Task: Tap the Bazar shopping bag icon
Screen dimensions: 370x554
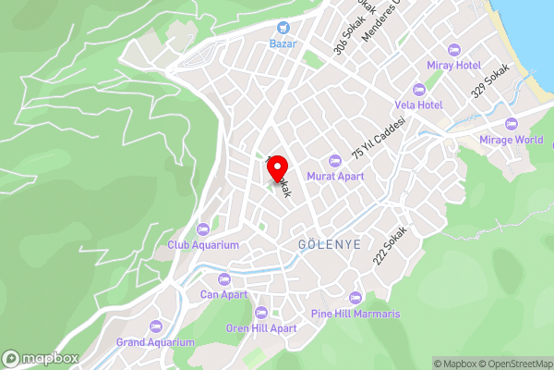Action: pos(282,29)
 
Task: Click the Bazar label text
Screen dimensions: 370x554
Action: pos(282,43)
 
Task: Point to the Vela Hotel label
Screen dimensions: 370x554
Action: pos(442,105)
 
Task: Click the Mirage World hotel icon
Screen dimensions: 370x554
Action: pos(511,124)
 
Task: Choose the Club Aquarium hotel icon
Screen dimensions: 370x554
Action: pos(203,229)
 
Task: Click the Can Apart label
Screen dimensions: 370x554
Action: pos(224,295)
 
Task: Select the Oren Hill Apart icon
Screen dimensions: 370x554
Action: pos(261,313)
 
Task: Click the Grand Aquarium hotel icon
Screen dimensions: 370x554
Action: pos(155,327)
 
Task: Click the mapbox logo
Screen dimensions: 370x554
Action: pos(41,358)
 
